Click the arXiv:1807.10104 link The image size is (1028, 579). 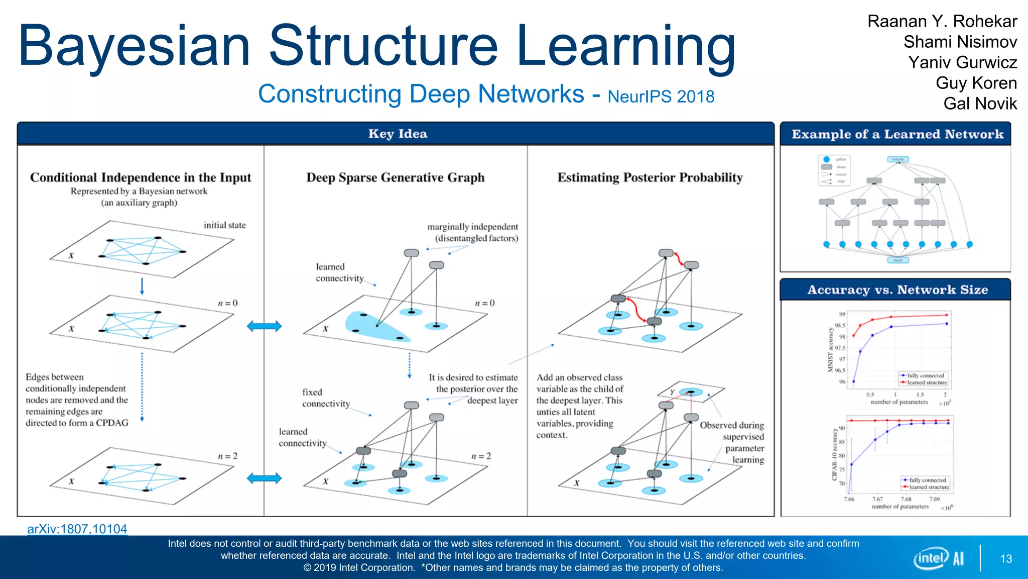77,529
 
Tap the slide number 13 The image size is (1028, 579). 1006,559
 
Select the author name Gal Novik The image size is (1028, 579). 980,104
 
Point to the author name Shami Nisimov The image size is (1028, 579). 960,42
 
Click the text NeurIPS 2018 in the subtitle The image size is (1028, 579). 661,96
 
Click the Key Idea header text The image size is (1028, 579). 398,134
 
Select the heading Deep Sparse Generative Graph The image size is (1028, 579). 396,177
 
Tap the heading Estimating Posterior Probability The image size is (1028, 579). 650,177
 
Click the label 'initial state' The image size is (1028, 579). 224,225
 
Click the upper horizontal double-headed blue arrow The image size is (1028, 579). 264,326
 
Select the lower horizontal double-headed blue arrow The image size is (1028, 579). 264,478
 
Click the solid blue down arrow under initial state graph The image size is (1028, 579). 142,286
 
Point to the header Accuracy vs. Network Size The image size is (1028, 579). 897,290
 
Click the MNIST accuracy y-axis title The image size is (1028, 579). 830,350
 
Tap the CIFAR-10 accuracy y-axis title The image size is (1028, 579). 835,454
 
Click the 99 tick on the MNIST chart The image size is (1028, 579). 842,314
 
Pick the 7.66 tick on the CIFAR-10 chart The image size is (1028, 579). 849,499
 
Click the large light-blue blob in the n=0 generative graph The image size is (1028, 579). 374,327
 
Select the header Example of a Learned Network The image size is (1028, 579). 897,134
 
